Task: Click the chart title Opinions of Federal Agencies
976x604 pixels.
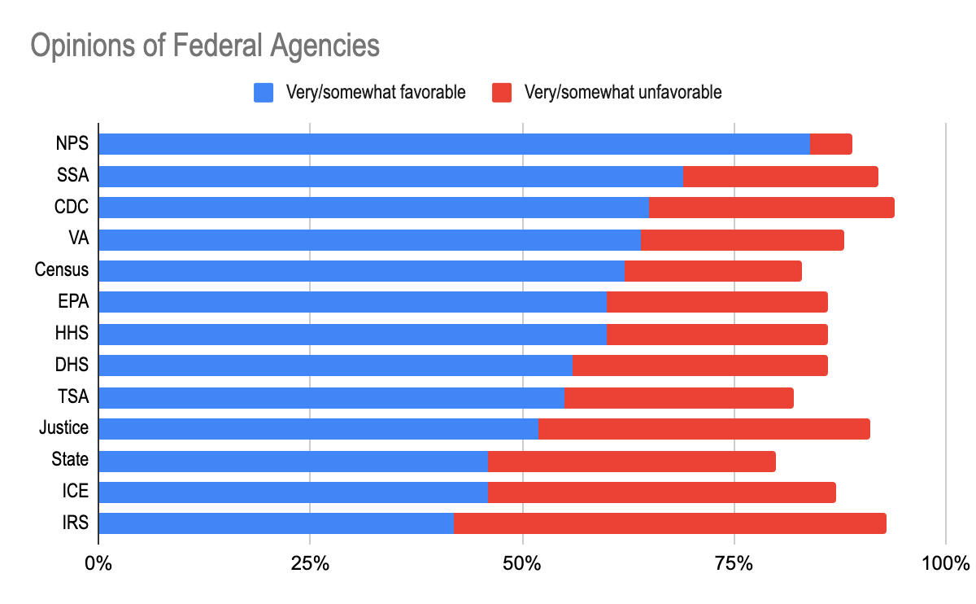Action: tap(205, 46)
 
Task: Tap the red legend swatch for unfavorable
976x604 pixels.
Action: tap(503, 93)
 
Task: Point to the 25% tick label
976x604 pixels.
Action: tap(310, 562)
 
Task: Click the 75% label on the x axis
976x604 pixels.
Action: tap(734, 562)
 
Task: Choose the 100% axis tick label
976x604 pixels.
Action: tap(946, 562)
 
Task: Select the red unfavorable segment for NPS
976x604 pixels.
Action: tap(830, 144)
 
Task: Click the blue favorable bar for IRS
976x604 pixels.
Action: tap(276, 523)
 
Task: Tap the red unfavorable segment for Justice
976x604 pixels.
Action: tap(704, 428)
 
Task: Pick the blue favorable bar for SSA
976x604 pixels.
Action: tap(390, 176)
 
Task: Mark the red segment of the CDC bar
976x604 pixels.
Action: tap(771, 208)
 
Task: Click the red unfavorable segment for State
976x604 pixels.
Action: tap(631, 460)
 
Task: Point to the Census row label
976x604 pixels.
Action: tap(62, 270)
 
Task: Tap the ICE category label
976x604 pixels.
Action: tap(74, 492)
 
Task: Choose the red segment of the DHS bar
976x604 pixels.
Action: tap(699, 365)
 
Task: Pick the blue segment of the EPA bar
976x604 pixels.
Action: tap(352, 302)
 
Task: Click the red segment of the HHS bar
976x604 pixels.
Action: tap(717, 334)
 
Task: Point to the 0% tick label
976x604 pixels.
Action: tap(98, 562)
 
